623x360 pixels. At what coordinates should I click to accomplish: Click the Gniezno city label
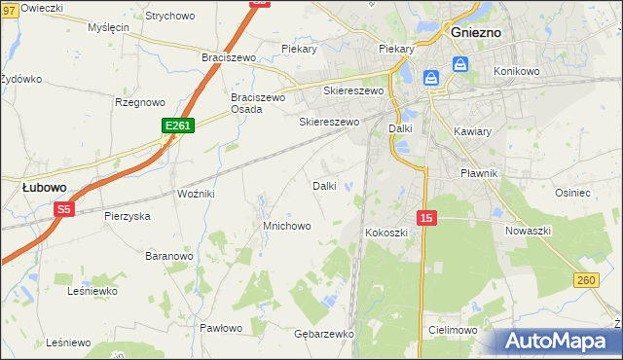476,31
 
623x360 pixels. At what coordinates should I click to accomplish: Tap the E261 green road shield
178,126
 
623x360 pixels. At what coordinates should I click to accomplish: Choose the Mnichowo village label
286,226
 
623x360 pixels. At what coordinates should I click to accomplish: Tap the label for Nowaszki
529,231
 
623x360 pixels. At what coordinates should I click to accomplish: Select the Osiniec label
572,193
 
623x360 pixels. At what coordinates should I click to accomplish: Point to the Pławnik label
479,173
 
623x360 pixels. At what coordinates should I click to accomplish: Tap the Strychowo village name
169,17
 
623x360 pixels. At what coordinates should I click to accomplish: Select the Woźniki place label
196,195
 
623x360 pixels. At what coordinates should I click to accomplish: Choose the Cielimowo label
451,331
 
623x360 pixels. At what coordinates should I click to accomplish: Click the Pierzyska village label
128,216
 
